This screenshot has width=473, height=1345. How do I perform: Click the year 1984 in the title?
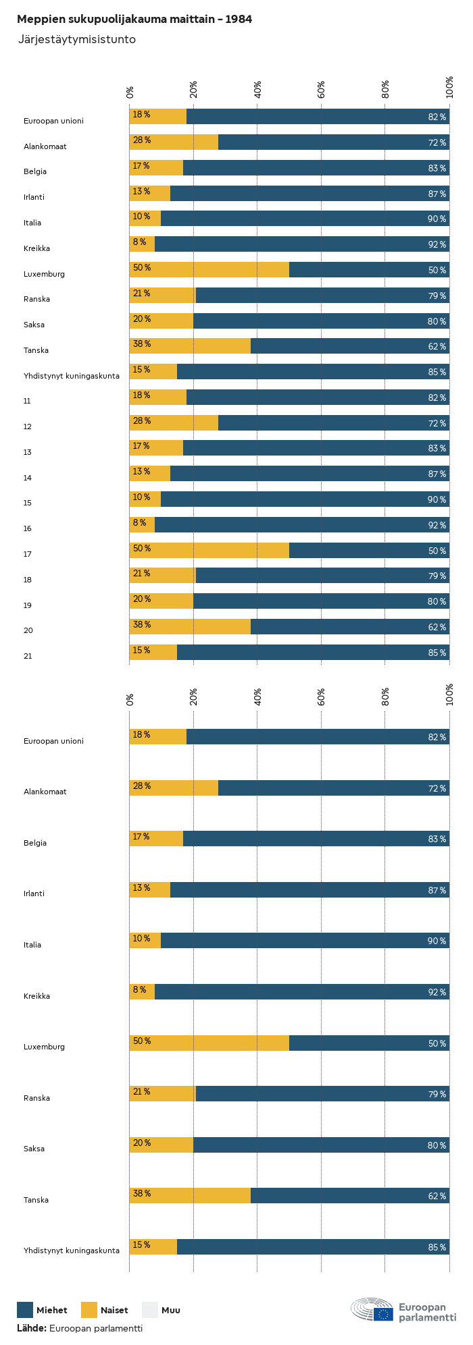pyautogui.click(x=239, y=20)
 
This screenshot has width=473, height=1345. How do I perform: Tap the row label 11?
pyautogui.click(x=27, y=401)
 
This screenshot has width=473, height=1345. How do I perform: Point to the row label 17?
pyautogui.click(x=28, y=554)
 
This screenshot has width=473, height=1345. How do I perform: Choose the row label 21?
pyautogui.click(x=28, y=656)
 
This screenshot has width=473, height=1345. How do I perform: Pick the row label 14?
pyautogui.click(x=28, y=478)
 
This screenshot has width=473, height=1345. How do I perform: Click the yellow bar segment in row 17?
pyautogui.click(x=209, y=551)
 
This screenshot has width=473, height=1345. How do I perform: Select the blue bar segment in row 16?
pyautogui.click(x=302, y=525)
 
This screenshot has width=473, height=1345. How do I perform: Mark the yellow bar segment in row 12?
pyautogui.click(x=174, y=423)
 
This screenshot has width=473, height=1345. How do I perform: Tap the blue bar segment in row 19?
pyautogui.click(x=321, y=601)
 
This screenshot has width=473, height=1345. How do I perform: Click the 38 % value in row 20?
pyautogui.click(x=142, y=625)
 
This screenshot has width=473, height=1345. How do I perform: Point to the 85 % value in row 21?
pyautogui.click(x=437, y=653)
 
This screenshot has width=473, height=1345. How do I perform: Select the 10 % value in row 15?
pyautogui.click(x=141, y=497)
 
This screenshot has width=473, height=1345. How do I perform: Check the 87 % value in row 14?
pyautogui.click(x=437, y=474)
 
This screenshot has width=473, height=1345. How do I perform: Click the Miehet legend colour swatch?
pyautogui.click(x=25, y=1310)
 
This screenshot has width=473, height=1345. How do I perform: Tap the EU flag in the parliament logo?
pyautogui.click(x=383, y=1314)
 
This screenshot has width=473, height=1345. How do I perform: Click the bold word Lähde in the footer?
pyautogui.click(x=31, y=1328)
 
